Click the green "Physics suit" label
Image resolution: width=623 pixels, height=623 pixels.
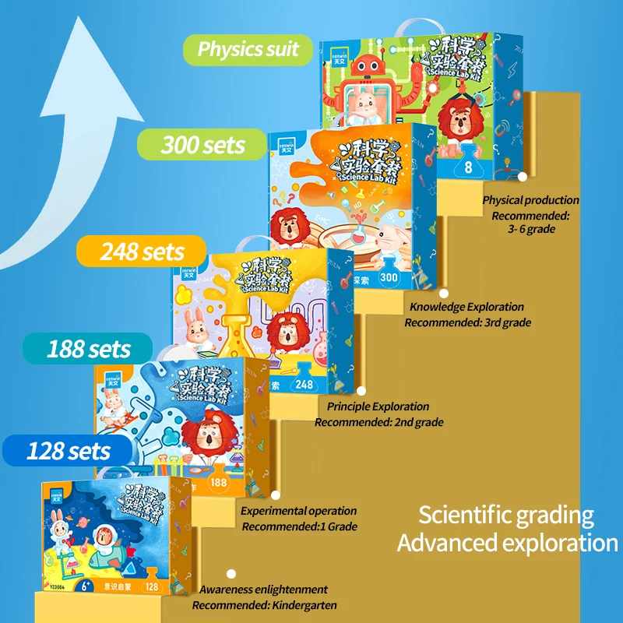(247, 49)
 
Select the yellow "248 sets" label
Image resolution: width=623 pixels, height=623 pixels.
(142, 252)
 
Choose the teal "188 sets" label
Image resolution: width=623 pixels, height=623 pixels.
(88, 348)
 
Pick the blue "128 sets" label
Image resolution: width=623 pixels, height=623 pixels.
(69, 450)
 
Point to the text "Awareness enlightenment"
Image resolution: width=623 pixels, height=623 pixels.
(263, 590)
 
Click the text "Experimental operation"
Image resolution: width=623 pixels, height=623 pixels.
(298, 511)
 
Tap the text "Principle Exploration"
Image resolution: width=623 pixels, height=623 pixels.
(378, 406)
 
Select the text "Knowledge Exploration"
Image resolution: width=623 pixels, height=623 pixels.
(466, 307)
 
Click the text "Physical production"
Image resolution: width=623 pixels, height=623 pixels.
(530, 200)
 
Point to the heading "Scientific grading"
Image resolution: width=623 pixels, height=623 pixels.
(506, 515)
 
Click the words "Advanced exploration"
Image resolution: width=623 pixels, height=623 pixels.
(507, 543)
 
